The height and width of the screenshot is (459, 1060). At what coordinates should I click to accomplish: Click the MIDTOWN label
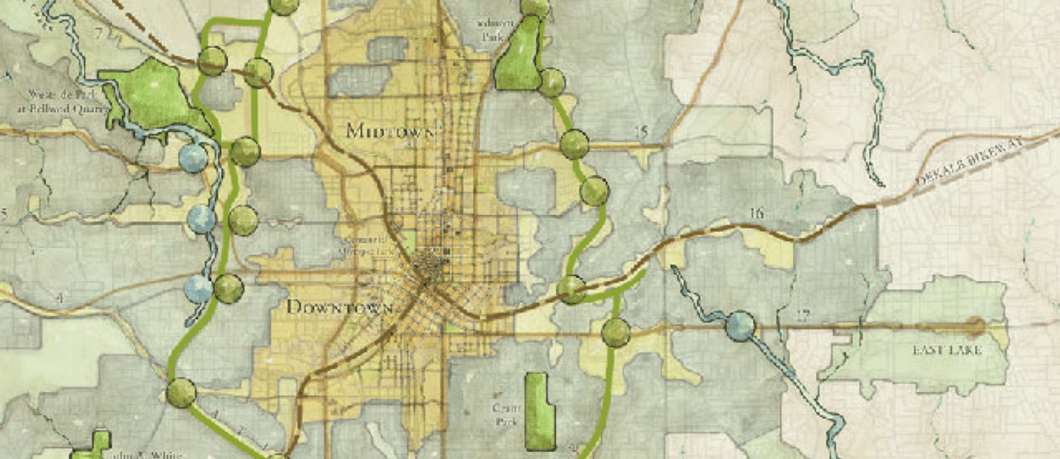tap(391, 130)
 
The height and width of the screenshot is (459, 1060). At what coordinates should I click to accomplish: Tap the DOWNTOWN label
tap(340, 308)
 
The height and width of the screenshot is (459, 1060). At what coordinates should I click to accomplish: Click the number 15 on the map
tap(641, 134)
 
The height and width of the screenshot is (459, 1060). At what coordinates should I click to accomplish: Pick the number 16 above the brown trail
tap(755, 213)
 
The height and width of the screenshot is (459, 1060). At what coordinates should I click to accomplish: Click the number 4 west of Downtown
tap(59, 298)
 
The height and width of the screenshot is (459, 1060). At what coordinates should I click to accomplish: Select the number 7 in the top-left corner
tap(97, 33)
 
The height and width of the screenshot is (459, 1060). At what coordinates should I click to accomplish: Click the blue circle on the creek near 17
tap(740, 326)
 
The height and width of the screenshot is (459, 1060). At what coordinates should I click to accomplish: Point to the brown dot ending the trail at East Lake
tap(977, 327)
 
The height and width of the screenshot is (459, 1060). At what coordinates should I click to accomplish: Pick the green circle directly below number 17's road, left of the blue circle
tap(616, 333)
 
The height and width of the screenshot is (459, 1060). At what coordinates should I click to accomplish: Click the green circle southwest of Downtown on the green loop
tap(181, 393)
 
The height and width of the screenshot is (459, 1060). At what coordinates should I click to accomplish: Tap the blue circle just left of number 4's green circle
tap(199, 289)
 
